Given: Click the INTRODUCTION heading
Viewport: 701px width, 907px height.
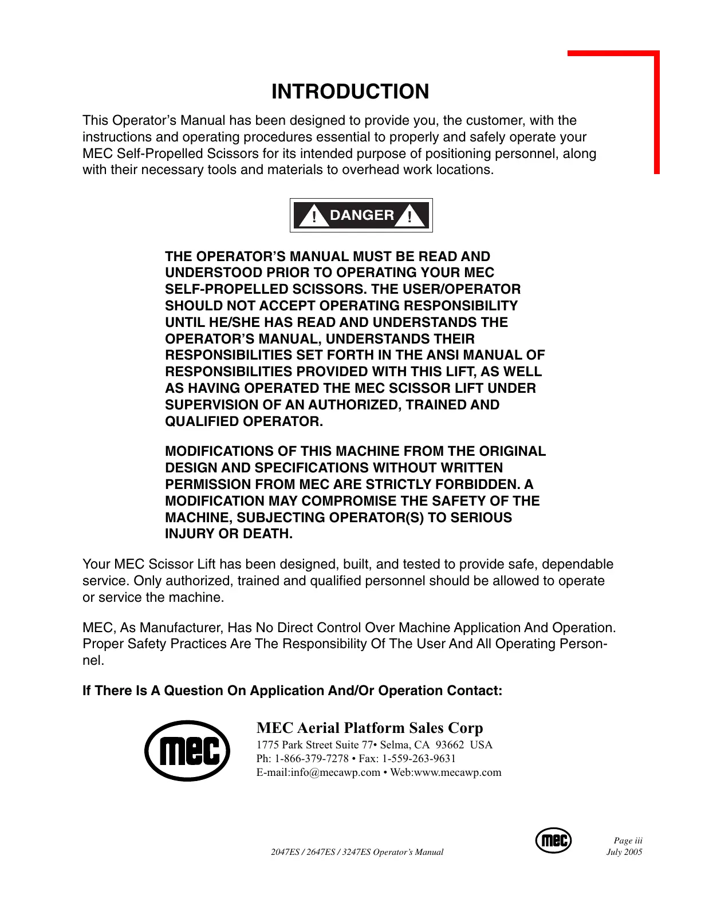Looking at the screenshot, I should click(350, 92).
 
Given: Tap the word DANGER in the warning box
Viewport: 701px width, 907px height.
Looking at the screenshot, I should click(362, 215).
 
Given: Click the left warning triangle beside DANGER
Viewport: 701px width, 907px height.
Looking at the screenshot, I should click(314, 216).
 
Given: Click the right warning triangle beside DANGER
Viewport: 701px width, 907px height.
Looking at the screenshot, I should click(410, 216).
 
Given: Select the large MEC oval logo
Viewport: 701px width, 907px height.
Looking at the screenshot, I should click(187, 751).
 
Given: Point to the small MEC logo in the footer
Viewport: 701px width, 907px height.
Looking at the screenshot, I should click(553, 840).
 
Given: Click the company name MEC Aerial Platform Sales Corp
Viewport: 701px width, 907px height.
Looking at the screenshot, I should click(369, 728).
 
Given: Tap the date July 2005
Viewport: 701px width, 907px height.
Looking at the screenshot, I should click(624, 852).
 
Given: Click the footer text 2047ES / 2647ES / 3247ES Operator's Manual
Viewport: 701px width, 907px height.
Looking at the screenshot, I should click(357, 852).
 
